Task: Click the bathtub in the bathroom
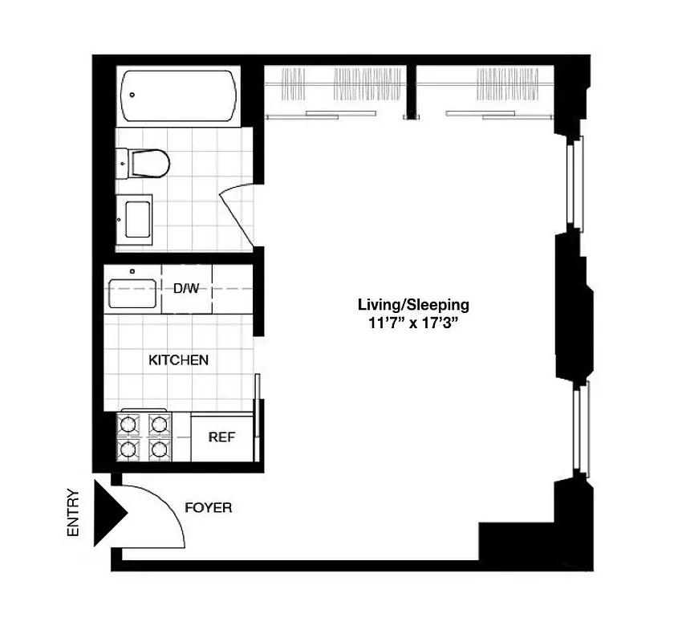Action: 179,95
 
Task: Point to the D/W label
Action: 186,288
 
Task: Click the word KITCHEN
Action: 179,360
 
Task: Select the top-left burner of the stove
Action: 129,423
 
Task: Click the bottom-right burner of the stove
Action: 160,449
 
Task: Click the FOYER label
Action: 208,508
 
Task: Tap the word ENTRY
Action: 74,513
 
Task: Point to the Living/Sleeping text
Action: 412,305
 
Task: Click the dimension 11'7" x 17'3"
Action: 412,324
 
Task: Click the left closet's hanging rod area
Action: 337,84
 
